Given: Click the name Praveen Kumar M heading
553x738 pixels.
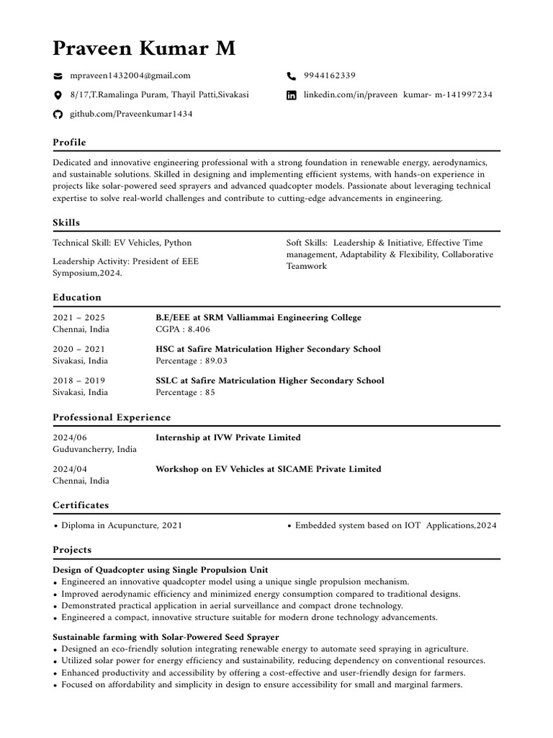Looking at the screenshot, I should coord(144,48).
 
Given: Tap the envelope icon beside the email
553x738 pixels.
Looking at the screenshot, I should coord(58,76).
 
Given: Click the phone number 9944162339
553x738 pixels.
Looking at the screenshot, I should coord(329,76).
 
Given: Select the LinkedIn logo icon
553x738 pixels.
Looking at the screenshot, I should coord(292,95).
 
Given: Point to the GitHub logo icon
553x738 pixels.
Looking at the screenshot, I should coord(58,115).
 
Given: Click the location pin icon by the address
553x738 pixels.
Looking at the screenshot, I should coord(58,95).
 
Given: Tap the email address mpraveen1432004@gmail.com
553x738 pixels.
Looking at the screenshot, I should coord(130,76).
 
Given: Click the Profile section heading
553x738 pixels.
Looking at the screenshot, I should coord(69,143).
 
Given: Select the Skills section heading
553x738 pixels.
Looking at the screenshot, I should coord(66,223).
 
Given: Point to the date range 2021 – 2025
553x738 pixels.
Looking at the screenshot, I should coord(79,318).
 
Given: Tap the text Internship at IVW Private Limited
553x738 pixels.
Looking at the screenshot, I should coord(228,437).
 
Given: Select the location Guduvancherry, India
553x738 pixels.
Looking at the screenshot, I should coord(94,449).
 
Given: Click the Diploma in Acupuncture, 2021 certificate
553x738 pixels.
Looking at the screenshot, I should coord(121,525).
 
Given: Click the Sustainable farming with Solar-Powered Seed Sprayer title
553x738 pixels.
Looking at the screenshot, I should coord(166,637).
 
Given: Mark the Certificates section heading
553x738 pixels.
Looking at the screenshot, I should coord(81,505).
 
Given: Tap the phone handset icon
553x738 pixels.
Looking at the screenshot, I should coord(292,76).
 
